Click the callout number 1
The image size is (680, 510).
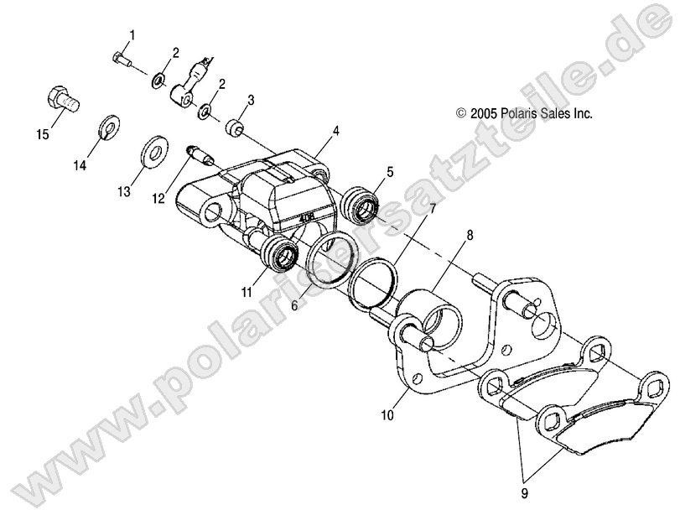tap(132, 34)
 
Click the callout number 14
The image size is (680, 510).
tap(79, 166)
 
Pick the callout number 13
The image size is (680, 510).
tap(123, 192)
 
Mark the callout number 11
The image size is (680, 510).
tap(247, 292)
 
